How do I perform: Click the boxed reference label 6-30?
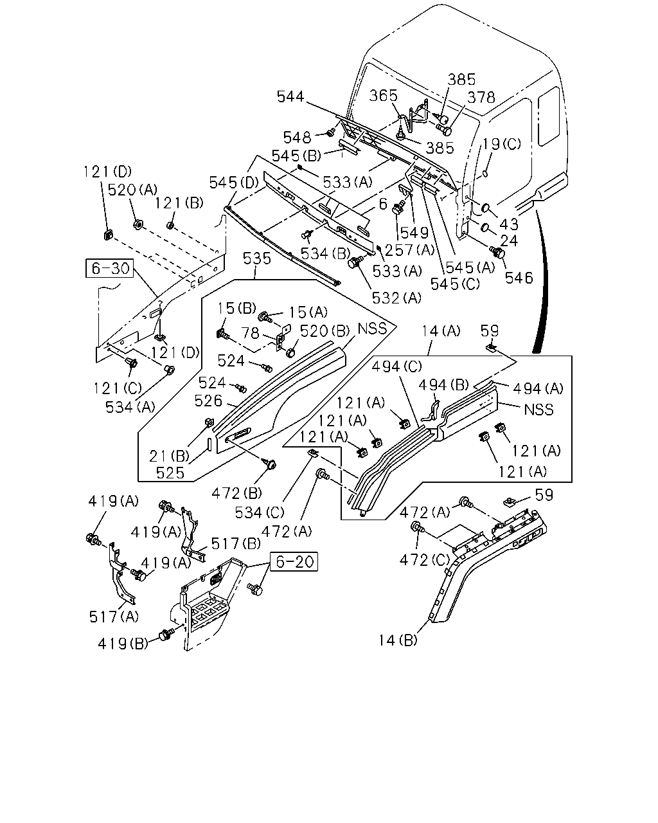pyautogui.click(x=109, y=268)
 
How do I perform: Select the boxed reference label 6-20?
pyautogui.click(x=294, y=561)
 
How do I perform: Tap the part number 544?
pyautogui.click(x=290, y=96)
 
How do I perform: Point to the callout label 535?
pyautogui.click(x=257, y=258)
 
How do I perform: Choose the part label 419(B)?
pyautogui.click(x=123, y=644)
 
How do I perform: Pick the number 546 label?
pyautogui.click(x=519, y=278)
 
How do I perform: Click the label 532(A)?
pyautogui.click(x=396, y=298)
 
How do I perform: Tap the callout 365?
pyautogui.click(x=383, y=96)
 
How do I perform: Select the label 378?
pyautogui.click(x=481, y=98)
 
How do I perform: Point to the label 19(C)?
pyautogui.click(x=501, y=144)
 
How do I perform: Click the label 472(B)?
pyautogui.click(x=236, y=493)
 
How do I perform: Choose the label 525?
pyautogui.click(x=170, y=473)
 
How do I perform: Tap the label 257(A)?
pyautogui.click(x=409, y=249)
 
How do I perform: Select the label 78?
pyautogui.click(x=251, y=332)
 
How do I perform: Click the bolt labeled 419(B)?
pyautogui.click(x=166, y=635)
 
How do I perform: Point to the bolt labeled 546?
pyautogui.click(x=497, y=252)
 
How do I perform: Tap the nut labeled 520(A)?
pyautogui.click(x=138, y=224)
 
